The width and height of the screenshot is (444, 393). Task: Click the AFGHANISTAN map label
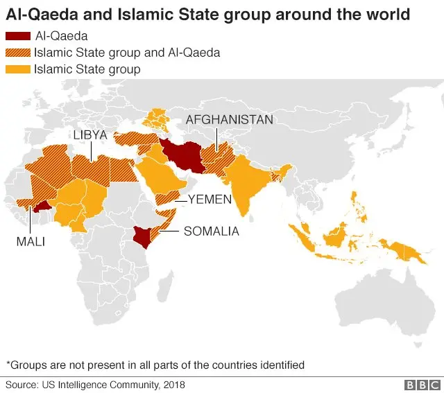(x=229, y=120)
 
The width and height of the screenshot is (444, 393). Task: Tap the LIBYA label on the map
(x=89, y=135)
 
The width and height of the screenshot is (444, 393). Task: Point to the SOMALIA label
(x=211, y=232)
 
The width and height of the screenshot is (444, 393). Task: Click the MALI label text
(x=31, y=241)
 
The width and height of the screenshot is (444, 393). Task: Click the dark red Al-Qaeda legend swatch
(x=17, y=37)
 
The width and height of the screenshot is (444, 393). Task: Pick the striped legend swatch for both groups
(x=17, y=53)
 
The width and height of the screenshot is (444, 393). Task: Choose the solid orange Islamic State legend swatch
(x=17, y=69)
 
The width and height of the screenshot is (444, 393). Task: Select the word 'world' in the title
(x=385, y=14)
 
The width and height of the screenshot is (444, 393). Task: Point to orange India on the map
(x=246, y=180)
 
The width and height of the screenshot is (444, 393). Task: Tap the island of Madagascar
(x=166, y=282)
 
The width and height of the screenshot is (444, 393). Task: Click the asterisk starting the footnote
(x=8, y=364)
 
